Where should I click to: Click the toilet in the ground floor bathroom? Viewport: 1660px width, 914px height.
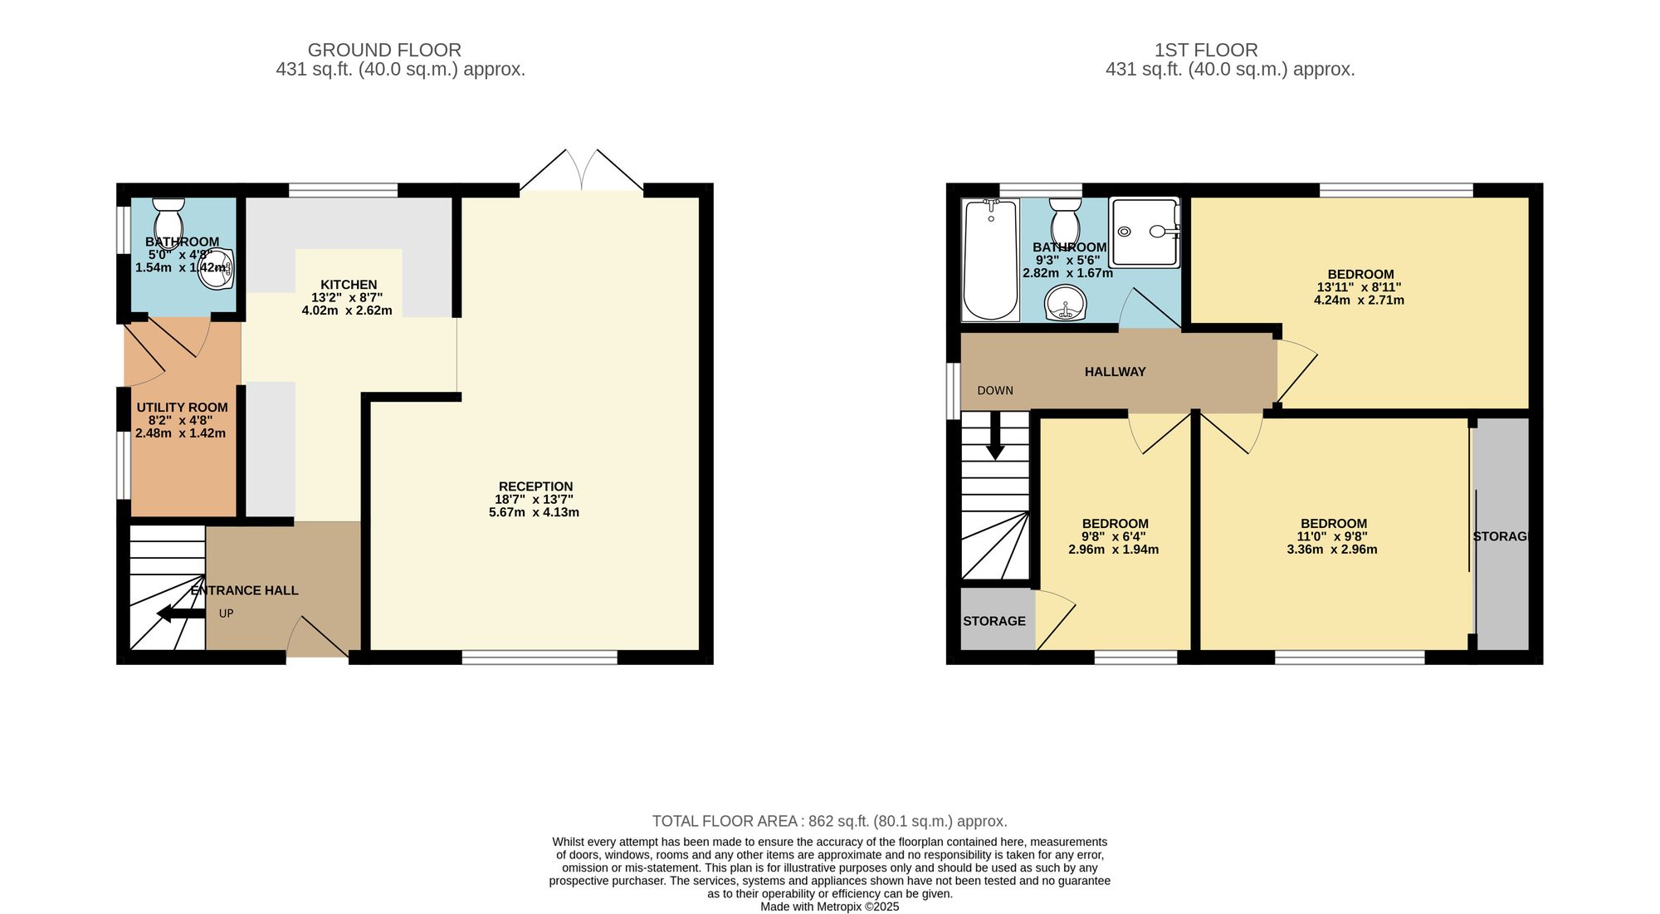point(168,219)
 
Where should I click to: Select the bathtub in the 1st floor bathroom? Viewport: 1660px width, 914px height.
point(990,260)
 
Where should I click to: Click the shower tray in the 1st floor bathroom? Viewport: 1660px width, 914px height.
point(1145,232)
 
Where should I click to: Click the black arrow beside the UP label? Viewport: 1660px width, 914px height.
point(181,613)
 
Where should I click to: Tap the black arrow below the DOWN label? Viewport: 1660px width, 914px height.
point(995,436)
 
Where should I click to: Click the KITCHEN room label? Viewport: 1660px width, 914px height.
point(349,285)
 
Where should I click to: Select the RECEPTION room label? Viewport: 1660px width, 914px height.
point(535,486)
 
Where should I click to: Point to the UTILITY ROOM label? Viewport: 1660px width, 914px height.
point(182,408)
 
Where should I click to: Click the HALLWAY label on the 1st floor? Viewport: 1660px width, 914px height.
point(1115,372)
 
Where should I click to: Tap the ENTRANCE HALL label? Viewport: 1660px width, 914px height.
point(245,590)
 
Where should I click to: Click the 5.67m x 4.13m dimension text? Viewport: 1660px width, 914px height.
point(534,512)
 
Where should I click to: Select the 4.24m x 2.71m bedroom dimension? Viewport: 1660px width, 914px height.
point(1359,301)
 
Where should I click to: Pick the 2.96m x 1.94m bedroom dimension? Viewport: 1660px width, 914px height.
point(1114,550)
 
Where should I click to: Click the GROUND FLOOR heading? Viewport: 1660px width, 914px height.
point(384,50)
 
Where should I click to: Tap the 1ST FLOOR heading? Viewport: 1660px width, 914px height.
point(1206,50)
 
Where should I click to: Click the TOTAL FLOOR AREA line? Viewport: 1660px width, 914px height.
point(830,821)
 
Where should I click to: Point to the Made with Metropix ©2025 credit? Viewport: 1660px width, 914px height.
point(830,907)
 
